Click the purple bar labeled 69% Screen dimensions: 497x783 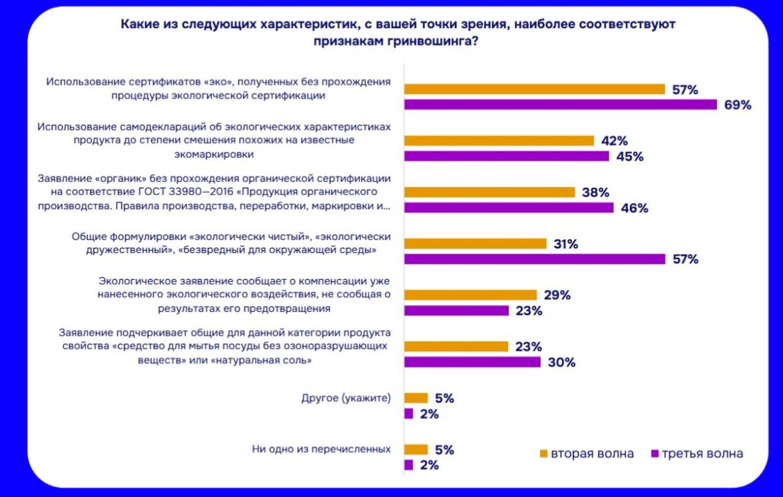561,105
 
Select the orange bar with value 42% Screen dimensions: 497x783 499,141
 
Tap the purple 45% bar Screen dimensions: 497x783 507,157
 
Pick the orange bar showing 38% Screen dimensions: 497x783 489,192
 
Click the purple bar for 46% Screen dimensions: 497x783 509,208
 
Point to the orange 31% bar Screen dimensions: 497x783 475,244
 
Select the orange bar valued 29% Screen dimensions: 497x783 470,294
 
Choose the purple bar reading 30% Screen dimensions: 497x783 473,362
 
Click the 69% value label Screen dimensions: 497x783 738,105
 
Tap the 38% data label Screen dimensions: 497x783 596,192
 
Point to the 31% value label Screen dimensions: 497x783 565,244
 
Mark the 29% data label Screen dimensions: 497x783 557,294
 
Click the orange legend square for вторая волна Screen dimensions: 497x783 543,454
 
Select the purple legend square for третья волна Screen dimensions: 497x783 654,454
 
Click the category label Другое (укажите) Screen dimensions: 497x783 346,398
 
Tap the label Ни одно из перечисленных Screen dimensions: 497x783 321,448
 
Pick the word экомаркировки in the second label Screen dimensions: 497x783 214,154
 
